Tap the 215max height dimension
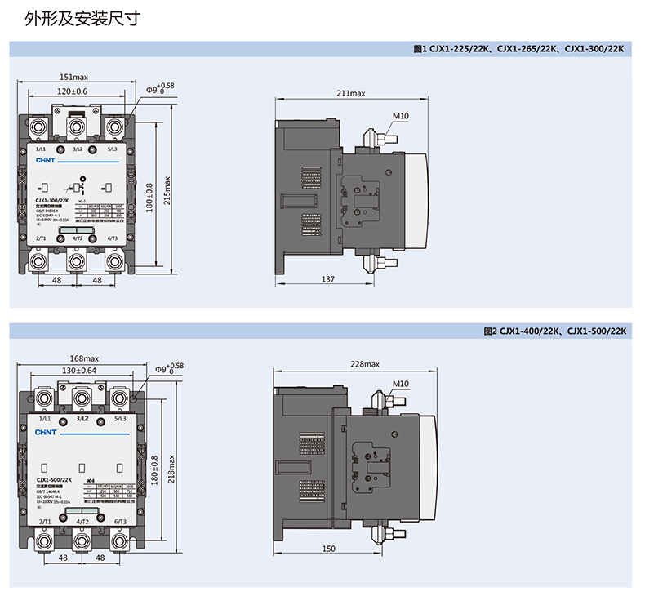168,191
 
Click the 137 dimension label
327,279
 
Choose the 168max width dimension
84,358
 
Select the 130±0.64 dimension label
79,371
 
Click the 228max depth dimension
365,364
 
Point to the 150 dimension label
328,549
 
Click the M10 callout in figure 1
400,116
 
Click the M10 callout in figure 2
400,384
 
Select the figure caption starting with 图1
519,49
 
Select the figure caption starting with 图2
554,331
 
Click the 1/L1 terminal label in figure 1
41,149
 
